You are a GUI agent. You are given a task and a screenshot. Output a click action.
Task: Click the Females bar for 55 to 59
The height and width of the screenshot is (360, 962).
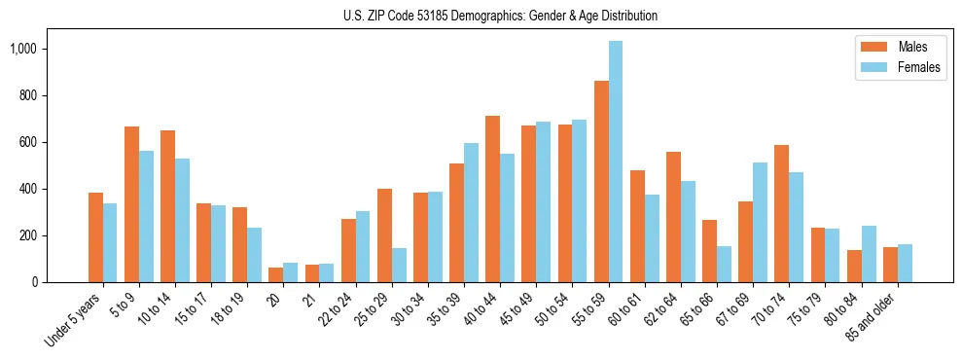(616, 162)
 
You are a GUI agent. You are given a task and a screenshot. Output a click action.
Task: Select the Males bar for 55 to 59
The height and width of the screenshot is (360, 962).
(601, 182)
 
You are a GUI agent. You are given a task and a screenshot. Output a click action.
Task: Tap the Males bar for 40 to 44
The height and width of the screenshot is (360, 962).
(493, 199)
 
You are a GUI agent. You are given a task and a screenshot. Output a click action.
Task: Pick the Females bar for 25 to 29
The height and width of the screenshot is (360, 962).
(399, 265)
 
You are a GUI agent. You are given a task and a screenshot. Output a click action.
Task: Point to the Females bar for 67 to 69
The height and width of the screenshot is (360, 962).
(760, 223)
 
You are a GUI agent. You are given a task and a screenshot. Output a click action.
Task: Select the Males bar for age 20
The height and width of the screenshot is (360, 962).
(276, 274)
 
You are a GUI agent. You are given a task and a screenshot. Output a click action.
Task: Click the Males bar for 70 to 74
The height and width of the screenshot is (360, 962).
(782, 214)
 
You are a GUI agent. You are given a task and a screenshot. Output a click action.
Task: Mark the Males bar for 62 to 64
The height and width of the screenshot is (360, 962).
(673, 217)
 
